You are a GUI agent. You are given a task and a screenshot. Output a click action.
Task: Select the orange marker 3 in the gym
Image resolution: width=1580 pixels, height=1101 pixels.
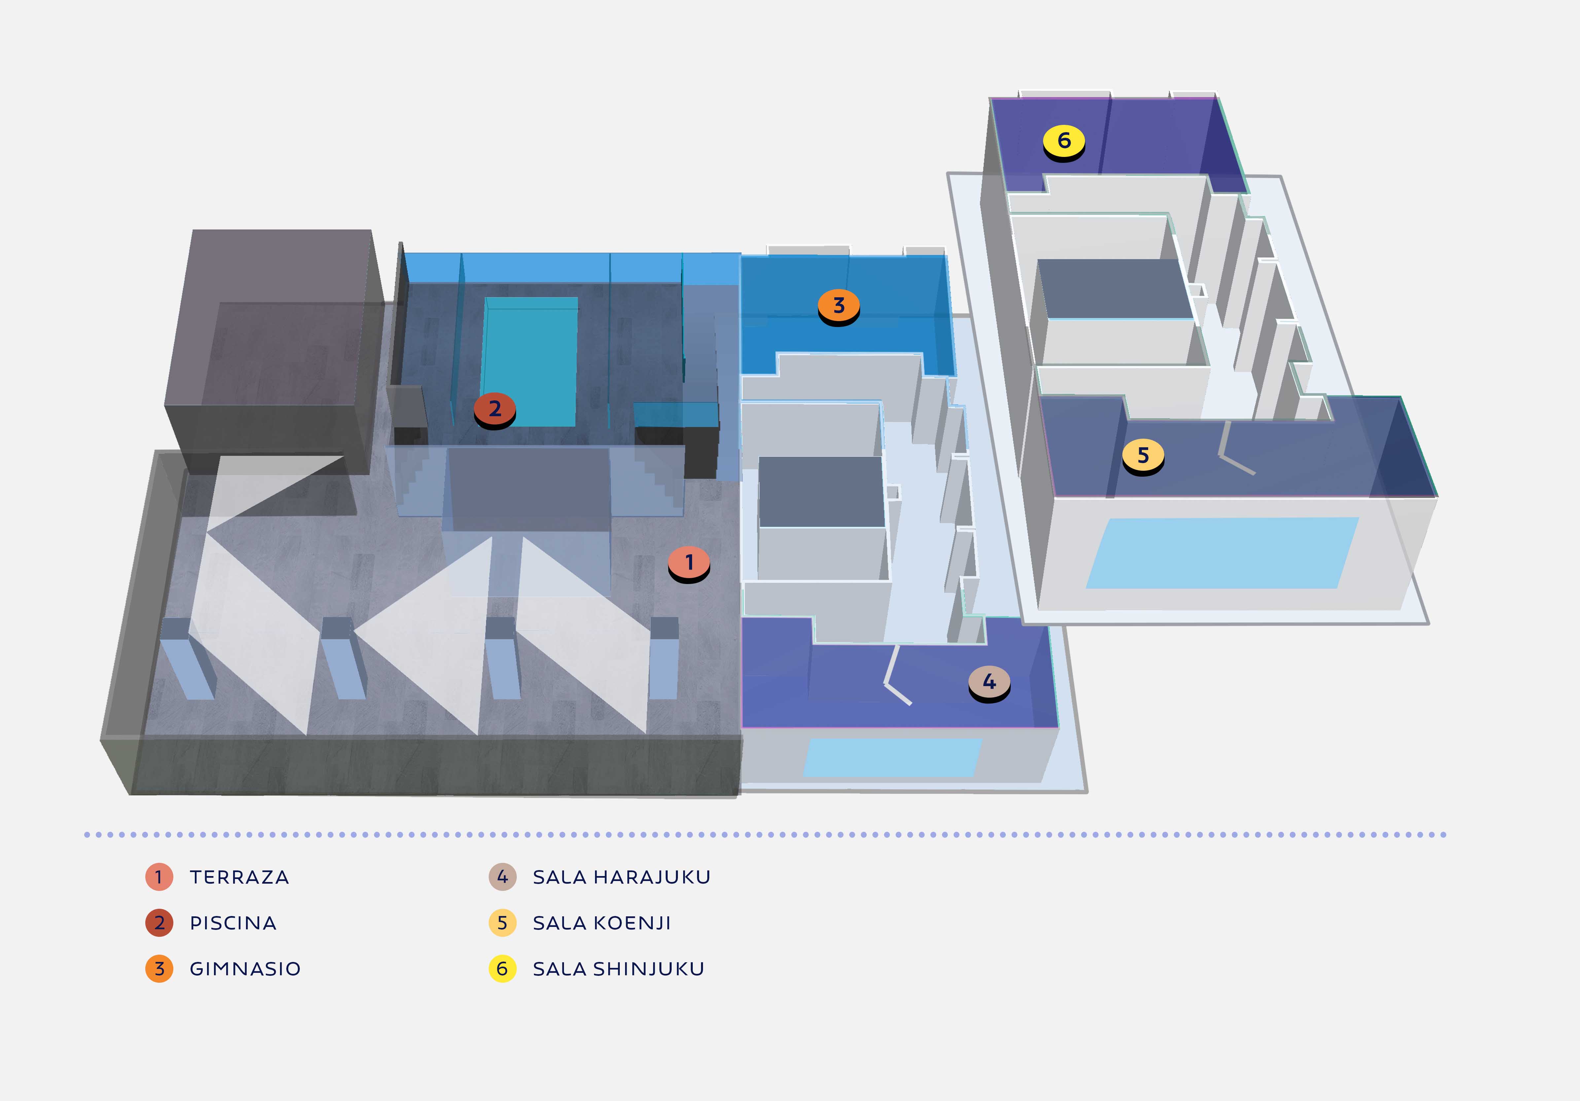[838, 305]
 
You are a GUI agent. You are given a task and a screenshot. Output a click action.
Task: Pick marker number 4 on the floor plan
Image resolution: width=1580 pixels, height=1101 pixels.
[989, 682]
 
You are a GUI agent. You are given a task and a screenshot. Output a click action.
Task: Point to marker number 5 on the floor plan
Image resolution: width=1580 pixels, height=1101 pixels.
[1143, 455]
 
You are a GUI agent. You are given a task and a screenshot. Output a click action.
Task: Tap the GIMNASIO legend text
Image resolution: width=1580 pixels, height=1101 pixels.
[245, 969]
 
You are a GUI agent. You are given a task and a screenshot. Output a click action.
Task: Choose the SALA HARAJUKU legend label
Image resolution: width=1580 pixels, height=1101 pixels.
[621, 877]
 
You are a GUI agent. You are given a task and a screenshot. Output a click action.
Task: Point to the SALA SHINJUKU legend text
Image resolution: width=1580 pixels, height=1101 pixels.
[618, 969]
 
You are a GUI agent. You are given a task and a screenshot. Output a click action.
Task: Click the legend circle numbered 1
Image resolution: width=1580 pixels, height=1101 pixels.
[159, 877]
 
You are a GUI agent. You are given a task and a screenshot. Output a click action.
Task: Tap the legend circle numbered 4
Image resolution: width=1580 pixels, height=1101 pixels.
[502, 877]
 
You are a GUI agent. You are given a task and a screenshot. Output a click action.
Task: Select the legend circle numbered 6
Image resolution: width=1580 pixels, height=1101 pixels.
[502, 969]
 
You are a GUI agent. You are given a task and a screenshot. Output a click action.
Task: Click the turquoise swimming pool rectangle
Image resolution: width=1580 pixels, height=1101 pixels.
[529, 361]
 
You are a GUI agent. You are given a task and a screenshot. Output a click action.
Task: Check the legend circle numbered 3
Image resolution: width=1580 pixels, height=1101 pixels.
[159, 969]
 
